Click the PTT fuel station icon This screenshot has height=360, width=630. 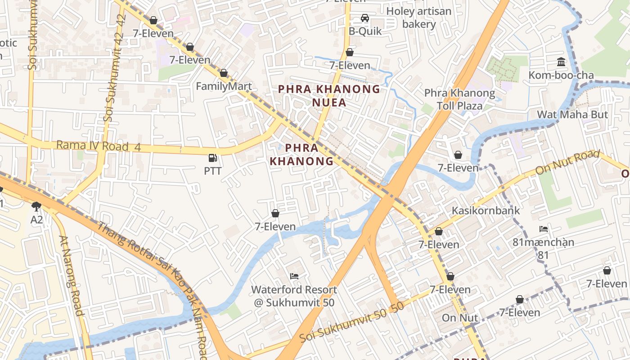(x=212, y=158)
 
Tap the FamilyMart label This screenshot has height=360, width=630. (x=224, y=86)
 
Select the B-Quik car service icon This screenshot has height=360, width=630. (x=365, y=18)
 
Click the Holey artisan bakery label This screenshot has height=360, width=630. (x=418, y=18)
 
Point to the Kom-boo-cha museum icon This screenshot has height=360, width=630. (x=561, y=62)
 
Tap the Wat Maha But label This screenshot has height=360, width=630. (x=572, y=114)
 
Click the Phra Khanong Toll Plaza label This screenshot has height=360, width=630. (x=459, y=99)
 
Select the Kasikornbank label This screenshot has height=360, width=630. (x=486, y=210)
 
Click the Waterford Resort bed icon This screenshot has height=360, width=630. (x=294, y=276)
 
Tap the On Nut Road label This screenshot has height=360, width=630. (x=567, y=163)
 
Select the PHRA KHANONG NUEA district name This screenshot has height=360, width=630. (x=329, y=95)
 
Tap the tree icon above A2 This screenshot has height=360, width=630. (x=36, y=207)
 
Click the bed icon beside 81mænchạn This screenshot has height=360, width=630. (x=544, y=229)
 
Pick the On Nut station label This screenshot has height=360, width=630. (x=459, y=318)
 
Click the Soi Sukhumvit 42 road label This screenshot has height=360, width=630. (x=114, y=67)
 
